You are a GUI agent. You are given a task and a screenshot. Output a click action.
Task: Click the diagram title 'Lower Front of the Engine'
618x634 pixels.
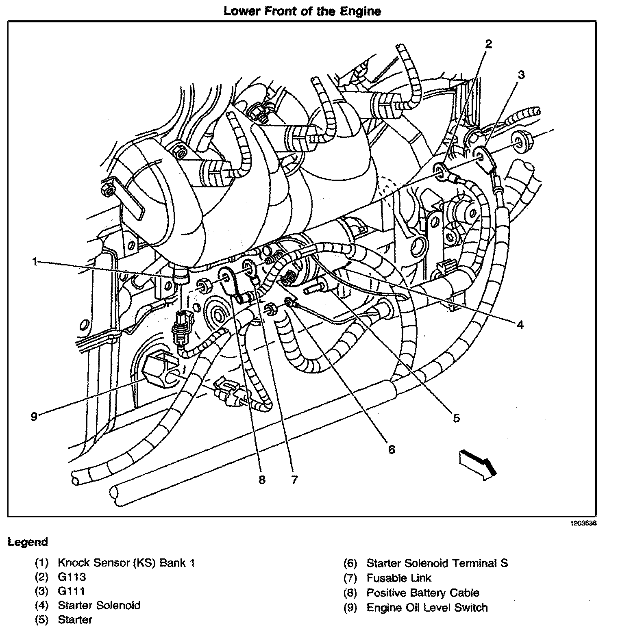302,11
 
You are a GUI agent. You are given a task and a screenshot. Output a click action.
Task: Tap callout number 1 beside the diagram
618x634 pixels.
35,262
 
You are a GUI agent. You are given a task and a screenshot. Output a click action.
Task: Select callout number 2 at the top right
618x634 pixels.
488,44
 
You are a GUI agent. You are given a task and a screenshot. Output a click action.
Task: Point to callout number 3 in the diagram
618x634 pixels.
521,75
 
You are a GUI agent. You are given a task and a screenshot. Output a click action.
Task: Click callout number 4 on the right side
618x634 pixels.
520,324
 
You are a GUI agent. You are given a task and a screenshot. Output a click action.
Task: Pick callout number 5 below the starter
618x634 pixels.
456,417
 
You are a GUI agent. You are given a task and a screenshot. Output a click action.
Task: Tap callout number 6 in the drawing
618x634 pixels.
391,449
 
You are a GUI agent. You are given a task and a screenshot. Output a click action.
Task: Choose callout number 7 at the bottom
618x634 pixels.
294,480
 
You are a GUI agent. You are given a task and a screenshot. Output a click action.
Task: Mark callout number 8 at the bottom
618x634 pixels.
262,480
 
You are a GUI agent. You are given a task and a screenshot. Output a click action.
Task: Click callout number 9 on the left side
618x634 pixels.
34,416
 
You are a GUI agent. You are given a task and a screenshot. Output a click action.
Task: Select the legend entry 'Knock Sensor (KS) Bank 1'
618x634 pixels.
126,563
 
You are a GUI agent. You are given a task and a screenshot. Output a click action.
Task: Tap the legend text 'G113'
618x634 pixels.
72,577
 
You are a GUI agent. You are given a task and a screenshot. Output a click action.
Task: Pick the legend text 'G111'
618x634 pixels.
72,591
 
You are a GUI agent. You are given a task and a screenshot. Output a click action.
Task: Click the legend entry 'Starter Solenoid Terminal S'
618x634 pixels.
437,563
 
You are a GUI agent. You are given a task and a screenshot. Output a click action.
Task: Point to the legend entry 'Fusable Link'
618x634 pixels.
398,578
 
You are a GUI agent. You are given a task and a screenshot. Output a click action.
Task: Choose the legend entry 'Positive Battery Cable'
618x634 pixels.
423,593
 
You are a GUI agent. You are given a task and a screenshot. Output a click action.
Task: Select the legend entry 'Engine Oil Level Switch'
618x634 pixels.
427,608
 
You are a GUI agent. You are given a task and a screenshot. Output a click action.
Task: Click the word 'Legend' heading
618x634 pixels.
28,542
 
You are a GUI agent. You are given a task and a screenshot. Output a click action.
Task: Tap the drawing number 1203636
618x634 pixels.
583,523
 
